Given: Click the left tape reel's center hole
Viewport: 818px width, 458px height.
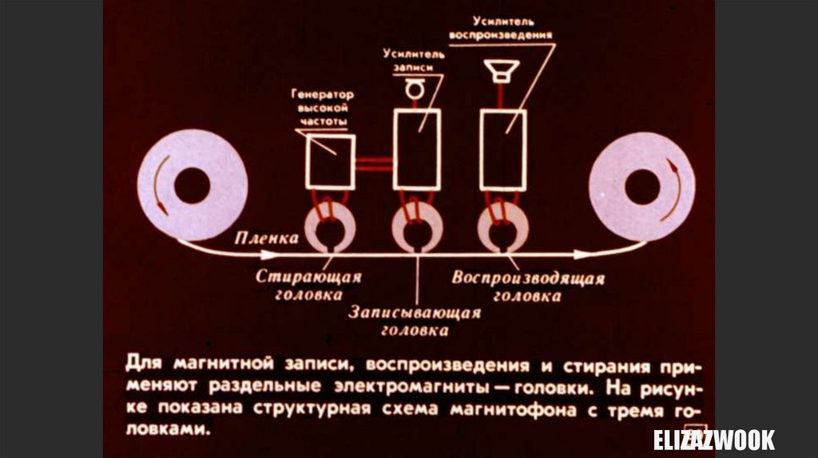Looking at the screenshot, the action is tap(192, 185).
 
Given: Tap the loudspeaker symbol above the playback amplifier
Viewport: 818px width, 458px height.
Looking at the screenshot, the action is tap(505, 70).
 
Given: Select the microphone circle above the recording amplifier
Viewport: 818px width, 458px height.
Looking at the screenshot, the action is tap(414, 91).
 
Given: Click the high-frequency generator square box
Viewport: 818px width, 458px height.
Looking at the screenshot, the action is tap(331, 161).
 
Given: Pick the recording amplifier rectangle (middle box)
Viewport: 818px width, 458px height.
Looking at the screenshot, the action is tap(416, 149).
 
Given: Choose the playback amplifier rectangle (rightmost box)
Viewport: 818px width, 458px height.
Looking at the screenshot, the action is tap(502, 151).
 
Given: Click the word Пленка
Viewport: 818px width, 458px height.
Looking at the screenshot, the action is tap(267, 238).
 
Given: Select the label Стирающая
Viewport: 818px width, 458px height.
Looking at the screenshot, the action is tap(308, 277).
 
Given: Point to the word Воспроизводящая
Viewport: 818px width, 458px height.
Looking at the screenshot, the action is tap(528, 278).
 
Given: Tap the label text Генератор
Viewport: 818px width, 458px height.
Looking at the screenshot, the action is tap(324, 94).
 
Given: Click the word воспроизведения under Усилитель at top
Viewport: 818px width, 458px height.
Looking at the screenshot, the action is tap(501, 35).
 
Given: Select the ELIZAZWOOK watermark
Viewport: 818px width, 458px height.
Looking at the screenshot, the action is tap(713, 440).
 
